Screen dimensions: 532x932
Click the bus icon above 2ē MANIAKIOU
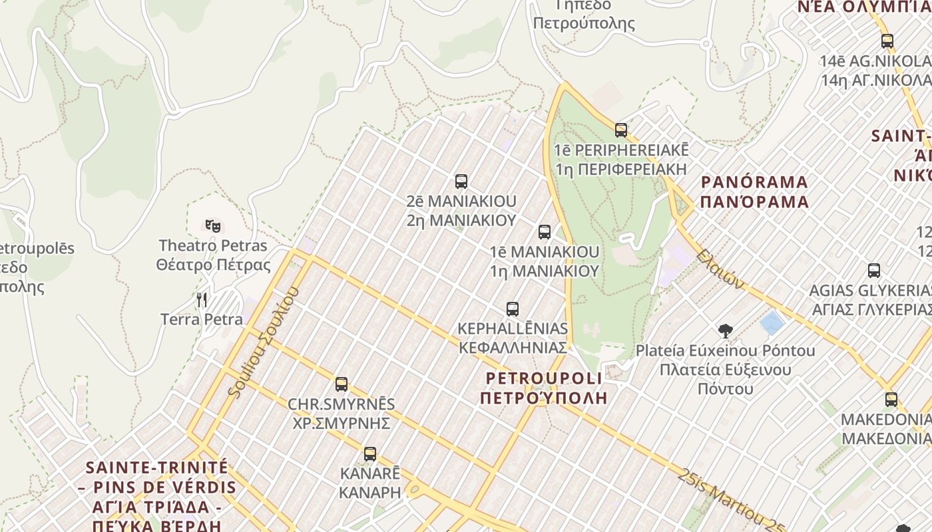[461, 181]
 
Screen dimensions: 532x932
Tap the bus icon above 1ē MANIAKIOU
[545, 232]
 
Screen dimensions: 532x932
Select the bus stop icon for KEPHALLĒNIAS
[512, 309]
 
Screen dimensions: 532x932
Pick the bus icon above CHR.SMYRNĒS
[342, 384]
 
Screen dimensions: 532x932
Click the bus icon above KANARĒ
[370, 454]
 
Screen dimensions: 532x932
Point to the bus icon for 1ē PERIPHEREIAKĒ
[621, 130]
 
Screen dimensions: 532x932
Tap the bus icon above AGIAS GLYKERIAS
[874, 271]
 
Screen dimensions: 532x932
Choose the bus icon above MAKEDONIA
[891, 400]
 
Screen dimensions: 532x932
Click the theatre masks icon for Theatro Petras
[213, 225]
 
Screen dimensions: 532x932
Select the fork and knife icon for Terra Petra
[202, 300]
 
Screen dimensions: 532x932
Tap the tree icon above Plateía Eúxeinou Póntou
[725, 331]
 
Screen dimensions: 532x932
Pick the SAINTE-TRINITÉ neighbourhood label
[157, 467]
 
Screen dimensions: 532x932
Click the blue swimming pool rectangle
[772, 324]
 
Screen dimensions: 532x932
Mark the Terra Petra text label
[202, 319]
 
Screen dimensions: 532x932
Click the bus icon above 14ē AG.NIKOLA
[887, 41]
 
